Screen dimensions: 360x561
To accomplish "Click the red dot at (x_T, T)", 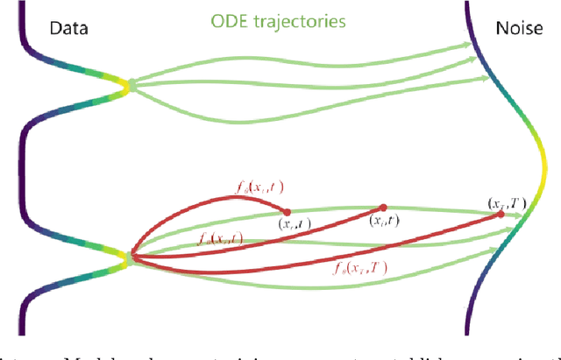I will click(x=501, y=214).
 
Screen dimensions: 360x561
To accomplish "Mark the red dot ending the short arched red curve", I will click(x=287, y=211).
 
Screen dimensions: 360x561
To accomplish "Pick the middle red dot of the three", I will click(x=383, y=208).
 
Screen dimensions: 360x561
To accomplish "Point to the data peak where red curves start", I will click(x=129, y=259).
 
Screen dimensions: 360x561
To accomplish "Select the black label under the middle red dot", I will click(x=382, y=222).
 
